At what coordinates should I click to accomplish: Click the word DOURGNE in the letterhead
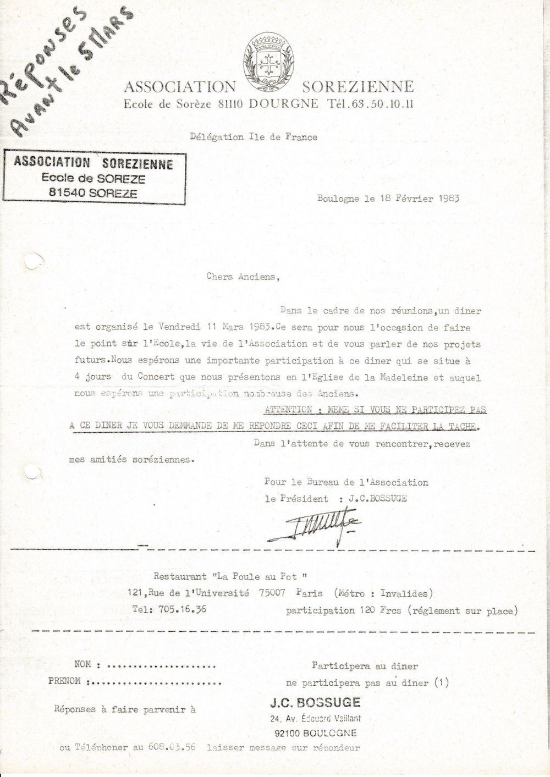283,103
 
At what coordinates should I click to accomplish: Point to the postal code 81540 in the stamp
67,193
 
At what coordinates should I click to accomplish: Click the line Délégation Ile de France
254,137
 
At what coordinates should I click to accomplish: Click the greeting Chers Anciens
243,277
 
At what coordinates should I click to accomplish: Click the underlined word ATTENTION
288,410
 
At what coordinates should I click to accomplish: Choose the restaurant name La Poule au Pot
257,577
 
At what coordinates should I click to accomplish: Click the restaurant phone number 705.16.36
183,609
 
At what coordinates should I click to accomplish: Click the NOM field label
82,665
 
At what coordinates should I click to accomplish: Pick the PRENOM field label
64,681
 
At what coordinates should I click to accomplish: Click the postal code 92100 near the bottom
287,733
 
